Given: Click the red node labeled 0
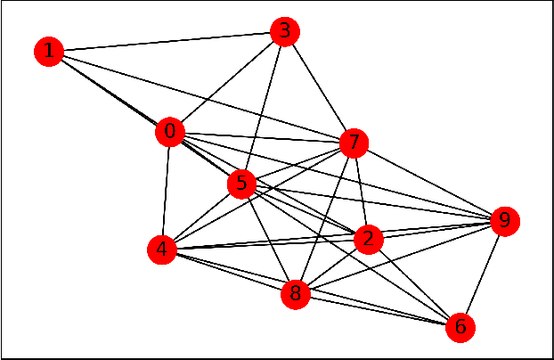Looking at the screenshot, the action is coord(169,133).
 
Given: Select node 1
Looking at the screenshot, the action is coord(48,52).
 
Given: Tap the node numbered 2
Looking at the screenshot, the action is coord(368,239).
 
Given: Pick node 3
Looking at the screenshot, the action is coord(284,32).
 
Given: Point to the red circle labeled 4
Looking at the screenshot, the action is coord(161,250).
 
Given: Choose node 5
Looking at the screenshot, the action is coord(241,184).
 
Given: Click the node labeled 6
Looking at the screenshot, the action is coord(460,326).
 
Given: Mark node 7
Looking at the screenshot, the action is coord(354,142).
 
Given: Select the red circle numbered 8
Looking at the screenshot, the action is coord(296,292).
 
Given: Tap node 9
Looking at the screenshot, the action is coord(504,220).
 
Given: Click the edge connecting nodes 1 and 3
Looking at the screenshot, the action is coord(166,42).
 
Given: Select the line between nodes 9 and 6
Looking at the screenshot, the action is coord(482,274).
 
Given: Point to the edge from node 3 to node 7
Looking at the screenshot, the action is coord(319,87).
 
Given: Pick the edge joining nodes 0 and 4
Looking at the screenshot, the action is coord(166,192).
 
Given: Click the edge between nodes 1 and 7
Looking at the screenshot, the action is coord(200,96).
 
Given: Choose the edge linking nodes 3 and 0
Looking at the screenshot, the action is coord(227,82).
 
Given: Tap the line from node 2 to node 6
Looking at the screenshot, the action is coord(414,282).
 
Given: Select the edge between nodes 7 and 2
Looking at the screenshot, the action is coord(361,191).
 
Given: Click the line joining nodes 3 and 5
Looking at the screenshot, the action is coord(263,109).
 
